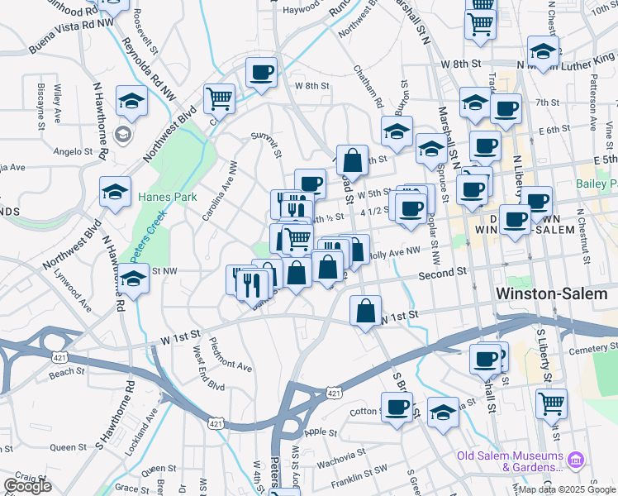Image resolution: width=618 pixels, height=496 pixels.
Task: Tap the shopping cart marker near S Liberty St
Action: coord(551,404)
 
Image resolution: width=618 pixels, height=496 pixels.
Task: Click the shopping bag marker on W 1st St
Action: coord(365,312)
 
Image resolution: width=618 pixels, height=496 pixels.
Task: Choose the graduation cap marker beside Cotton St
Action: coord(443,413)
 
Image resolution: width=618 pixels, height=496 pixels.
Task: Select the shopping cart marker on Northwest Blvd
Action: coord(219,100)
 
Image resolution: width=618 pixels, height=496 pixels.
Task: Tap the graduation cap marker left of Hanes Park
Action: coord(115,193)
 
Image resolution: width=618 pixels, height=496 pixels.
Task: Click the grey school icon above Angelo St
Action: coord(123,135)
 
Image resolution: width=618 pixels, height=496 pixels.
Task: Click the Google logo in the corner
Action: coord(27,486)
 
